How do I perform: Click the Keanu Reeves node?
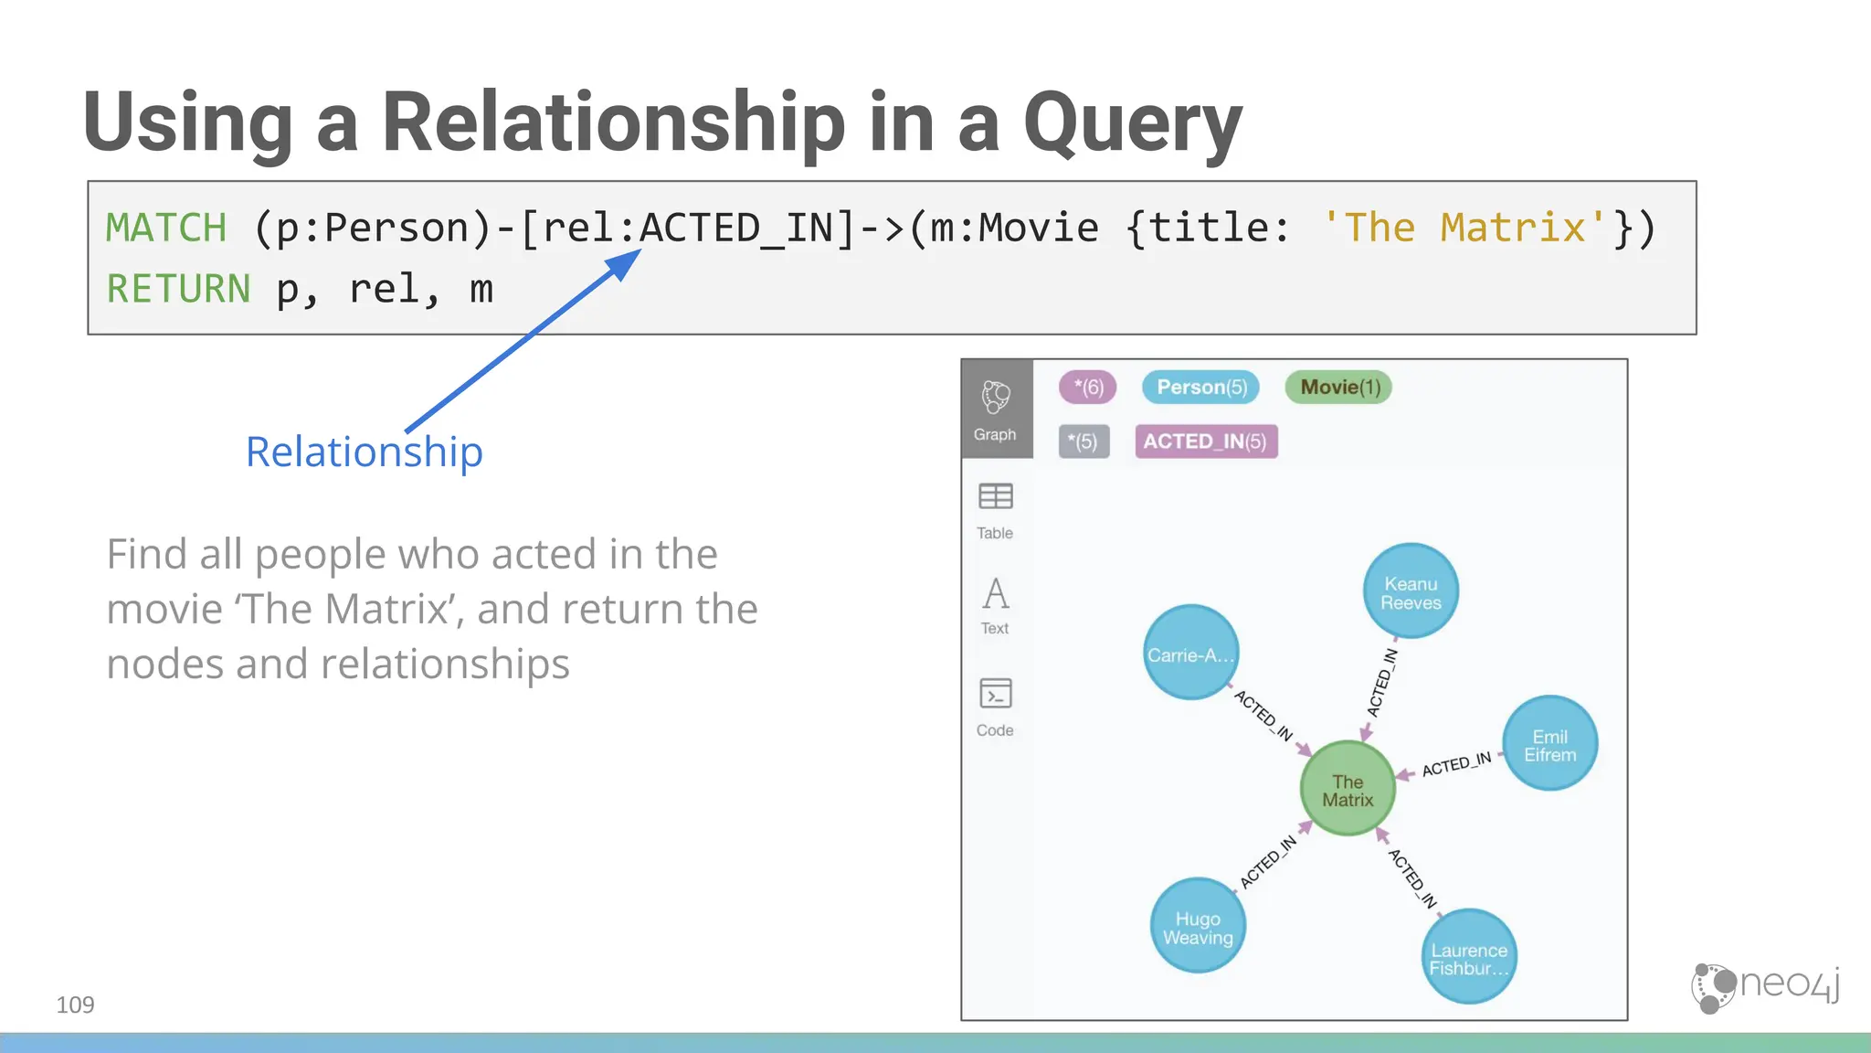pos(1411,591)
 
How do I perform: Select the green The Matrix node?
pos(1348,788)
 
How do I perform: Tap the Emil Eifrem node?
pos(1549,743)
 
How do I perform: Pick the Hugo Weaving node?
pos(1198,925)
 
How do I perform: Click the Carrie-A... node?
pos(1190,653)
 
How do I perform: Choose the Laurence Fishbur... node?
pos(1469,956)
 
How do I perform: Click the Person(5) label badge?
pos(1200,387)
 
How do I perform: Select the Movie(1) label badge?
pos(1338,387)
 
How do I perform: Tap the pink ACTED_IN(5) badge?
pos(1205,441)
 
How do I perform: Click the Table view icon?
pos(995,497)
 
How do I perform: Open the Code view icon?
pos(995,695)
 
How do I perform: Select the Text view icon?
pos(995,595)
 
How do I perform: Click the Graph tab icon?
pos(996,399)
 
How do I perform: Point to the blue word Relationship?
pos(364,452)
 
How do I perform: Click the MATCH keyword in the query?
pos(166,228)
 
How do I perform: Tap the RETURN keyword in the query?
pos(178,289)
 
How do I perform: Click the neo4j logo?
pos(1765,986)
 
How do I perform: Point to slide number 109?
pos(75,1005)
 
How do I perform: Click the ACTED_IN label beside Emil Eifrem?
pos(1456,763)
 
